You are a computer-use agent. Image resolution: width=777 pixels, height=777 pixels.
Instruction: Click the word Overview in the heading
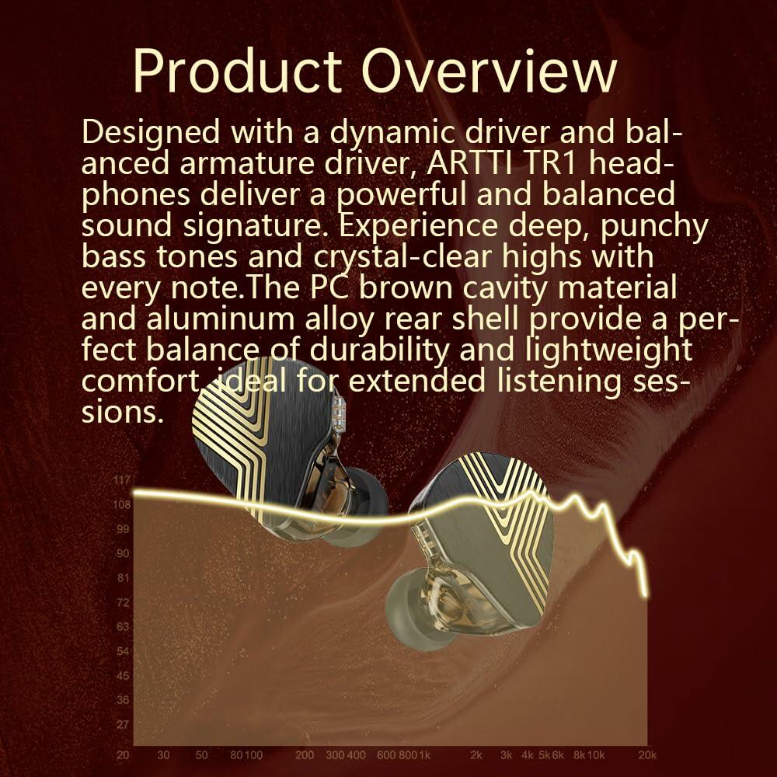pos(489,71)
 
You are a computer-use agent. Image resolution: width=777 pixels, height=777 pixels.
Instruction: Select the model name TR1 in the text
pos(551,163)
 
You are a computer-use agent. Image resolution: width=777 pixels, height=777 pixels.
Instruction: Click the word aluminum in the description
pos(220,319)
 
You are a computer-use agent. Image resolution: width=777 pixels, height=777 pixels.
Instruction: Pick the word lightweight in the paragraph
pos(608,350)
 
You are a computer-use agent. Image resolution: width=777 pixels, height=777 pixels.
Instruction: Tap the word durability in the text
pos(380,350)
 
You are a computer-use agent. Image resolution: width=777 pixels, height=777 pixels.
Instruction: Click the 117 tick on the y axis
pos(122,479)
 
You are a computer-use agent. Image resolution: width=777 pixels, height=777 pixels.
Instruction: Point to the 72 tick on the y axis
pos(123,602)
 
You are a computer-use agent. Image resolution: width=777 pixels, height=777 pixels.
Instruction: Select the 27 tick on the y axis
pos(123,724)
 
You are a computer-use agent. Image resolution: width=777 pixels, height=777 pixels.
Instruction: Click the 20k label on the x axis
pos(647,755)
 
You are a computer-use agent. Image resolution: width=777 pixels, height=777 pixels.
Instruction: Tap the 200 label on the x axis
pos(305,755)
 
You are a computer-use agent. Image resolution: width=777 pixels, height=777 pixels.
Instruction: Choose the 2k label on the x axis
pos(476,755)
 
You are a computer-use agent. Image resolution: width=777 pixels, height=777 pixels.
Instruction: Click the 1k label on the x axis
pos(425,755)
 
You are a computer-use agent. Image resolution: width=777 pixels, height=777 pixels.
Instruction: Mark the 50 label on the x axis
pos(201,755)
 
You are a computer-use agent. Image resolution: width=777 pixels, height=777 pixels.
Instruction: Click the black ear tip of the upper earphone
pos(364,503)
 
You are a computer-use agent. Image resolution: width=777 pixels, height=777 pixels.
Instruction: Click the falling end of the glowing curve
pos(645,594)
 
